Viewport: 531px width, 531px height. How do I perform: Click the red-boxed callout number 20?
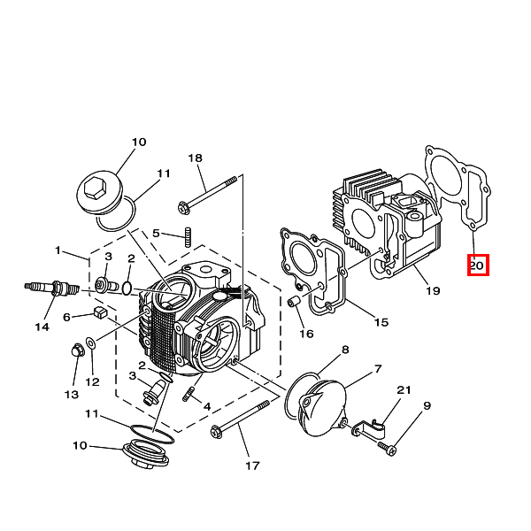[478, 265]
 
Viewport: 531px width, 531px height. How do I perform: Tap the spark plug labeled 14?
[52, 289]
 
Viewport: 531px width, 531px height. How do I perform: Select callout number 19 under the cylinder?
[433, 290]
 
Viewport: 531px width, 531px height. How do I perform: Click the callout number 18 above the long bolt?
[195, 158]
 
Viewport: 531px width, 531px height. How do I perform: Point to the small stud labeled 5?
[188, 237]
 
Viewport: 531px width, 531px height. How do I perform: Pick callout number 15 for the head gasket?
[381, 322]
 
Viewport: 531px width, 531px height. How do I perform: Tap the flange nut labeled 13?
[78, 350]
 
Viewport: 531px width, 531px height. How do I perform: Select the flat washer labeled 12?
[91, 343]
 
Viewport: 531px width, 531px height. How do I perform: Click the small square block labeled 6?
[99, 312]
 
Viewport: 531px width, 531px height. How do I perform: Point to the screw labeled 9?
[388, 448]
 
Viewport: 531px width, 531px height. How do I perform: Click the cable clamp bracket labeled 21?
[369, 427]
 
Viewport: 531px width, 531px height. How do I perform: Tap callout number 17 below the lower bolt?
[252, 466]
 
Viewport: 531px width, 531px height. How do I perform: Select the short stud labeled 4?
[189, 395]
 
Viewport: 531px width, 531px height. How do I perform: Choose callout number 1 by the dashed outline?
[58, 250]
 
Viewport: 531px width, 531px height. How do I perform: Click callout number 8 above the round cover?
[345, 350]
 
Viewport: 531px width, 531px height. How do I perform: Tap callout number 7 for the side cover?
[378, 368]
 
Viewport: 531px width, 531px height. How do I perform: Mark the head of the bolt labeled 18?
[183, 207]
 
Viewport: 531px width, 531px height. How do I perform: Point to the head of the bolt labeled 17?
[216, 432]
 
